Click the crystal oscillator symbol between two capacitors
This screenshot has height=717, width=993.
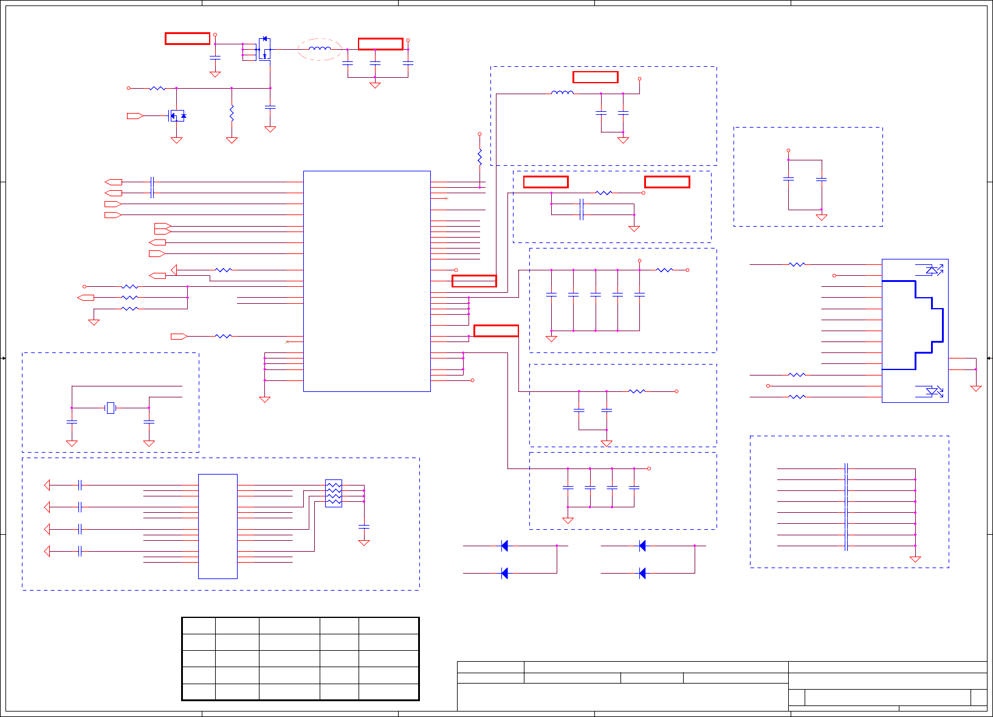(x=111, y=408)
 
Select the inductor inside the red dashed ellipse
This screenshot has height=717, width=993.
(x=320, y=49)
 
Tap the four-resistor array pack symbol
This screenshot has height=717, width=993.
(x=334, y=493)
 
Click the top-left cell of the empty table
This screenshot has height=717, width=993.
(x=199, y=626)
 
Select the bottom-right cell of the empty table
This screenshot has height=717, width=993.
(x=388, y=692)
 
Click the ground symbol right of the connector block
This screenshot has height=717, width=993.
(x=976, y=388)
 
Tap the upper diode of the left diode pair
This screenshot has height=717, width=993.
(x=504, y=546)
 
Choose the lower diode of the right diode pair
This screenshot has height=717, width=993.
(x=642, y=573)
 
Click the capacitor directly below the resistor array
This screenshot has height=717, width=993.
(x=364, y=526)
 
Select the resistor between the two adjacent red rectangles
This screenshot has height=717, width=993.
(x=603, y=193)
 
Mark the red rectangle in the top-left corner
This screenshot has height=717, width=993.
(x=188, y=39)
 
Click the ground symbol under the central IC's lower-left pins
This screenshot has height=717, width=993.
(x=264, y=399)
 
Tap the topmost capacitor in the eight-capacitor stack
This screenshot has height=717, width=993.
(x=846, y=468)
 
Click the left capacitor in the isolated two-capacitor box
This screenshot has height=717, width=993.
(x=788, y=179)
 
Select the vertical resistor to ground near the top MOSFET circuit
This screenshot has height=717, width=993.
(x=232, y=113)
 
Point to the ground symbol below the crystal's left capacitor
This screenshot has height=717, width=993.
(x=72, y=444)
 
